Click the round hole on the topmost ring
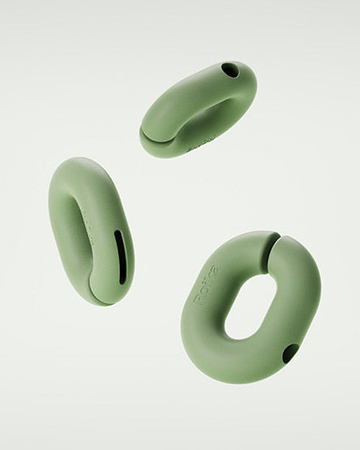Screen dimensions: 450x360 [x=231, y=71]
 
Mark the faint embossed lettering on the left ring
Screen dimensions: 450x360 [x=92, y=238]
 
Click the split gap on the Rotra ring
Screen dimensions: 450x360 [x=270, y=251]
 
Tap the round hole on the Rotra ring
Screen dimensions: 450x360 [x=290, y=354]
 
